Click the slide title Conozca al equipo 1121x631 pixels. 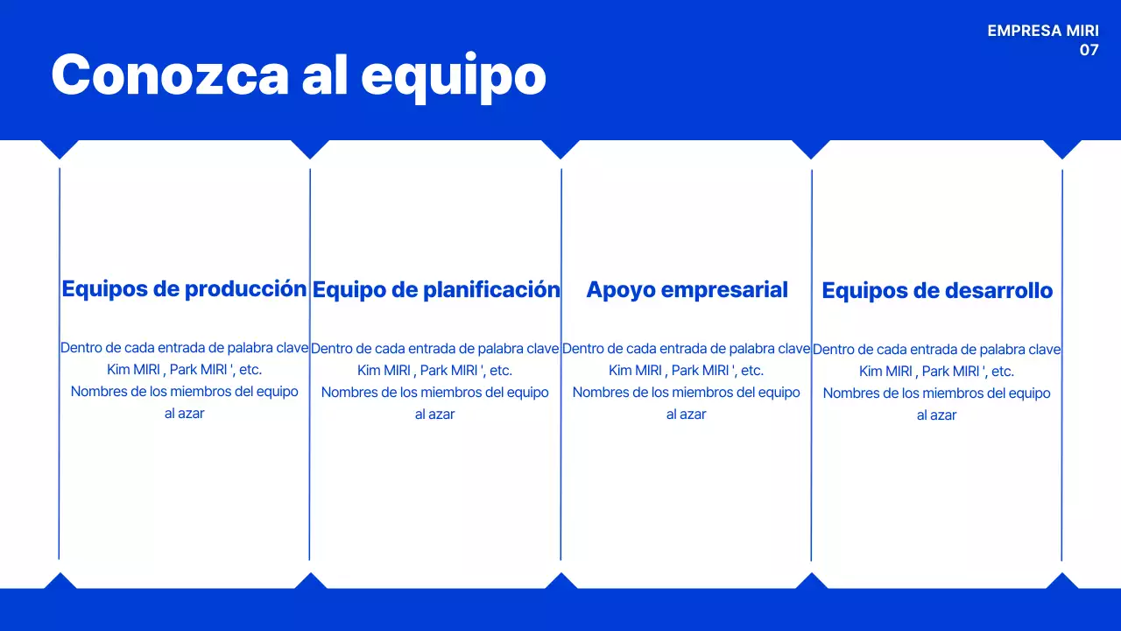click(x=299, y=75)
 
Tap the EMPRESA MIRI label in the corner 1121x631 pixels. click(x=1042, y=31)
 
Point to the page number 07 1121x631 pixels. click(x=1089, y=50)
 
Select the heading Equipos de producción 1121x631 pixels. click(x=184, y=288)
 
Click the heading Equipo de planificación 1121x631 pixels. click(x=436, y=289)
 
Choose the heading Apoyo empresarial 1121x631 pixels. click(x=687, y=289)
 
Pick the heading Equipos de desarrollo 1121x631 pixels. click(x=937, y=290)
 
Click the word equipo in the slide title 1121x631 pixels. click(x=454, y=77)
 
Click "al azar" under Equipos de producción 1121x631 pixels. click(x=184, y=413)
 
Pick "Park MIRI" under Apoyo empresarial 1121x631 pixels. click(x=698, y=370)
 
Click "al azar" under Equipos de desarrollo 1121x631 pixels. click(x=936, y=415)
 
